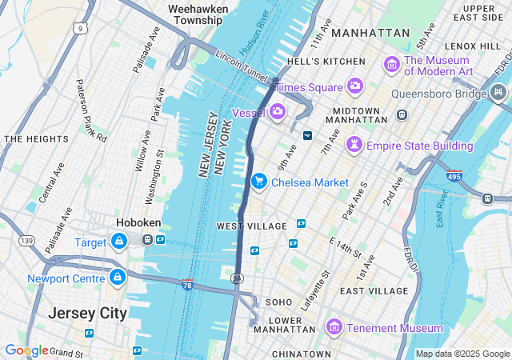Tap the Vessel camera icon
click(x=278, y=111)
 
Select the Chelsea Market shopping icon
click(x=258, y=182)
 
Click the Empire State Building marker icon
click(x=354, y=145)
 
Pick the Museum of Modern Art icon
click(x=391, y=63)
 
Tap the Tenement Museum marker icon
click(x=334, y=328)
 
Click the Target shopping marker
click(x=119, y=241)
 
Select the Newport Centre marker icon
click(x=118, y=278)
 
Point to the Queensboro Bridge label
click(x=438, y=94)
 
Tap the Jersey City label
click(x=87, y=313)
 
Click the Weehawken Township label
click(x=198, y=14)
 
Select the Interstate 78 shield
click(x=187, y=284)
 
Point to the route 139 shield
click(x=28, y=241)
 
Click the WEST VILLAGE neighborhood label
click(x=251, y=226)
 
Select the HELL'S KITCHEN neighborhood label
click(x=314, y=62)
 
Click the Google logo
click(x=26, y=350)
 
